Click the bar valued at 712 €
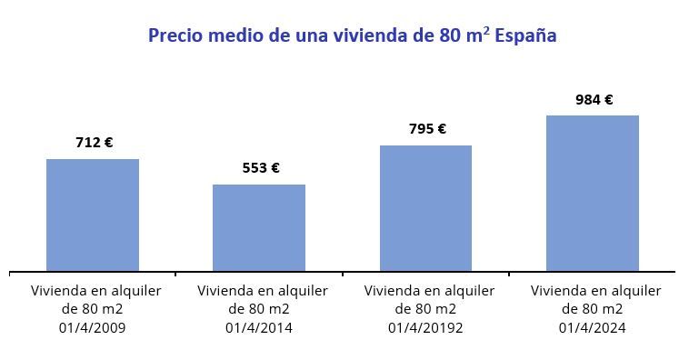click(93, 215)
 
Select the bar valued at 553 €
click(259, 227)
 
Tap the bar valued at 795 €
click(425, 207)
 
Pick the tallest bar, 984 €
click(593, 193)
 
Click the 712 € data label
click(94, 143)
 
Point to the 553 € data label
click(260, 168)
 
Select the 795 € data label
click(427, 129)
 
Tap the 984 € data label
click(594, 100)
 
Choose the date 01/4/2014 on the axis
click(259, 327)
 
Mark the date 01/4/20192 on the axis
click(425, 327)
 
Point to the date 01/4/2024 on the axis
click(593, 327)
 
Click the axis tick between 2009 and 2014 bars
click(175, 272)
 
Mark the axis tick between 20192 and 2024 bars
click(509, 272)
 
